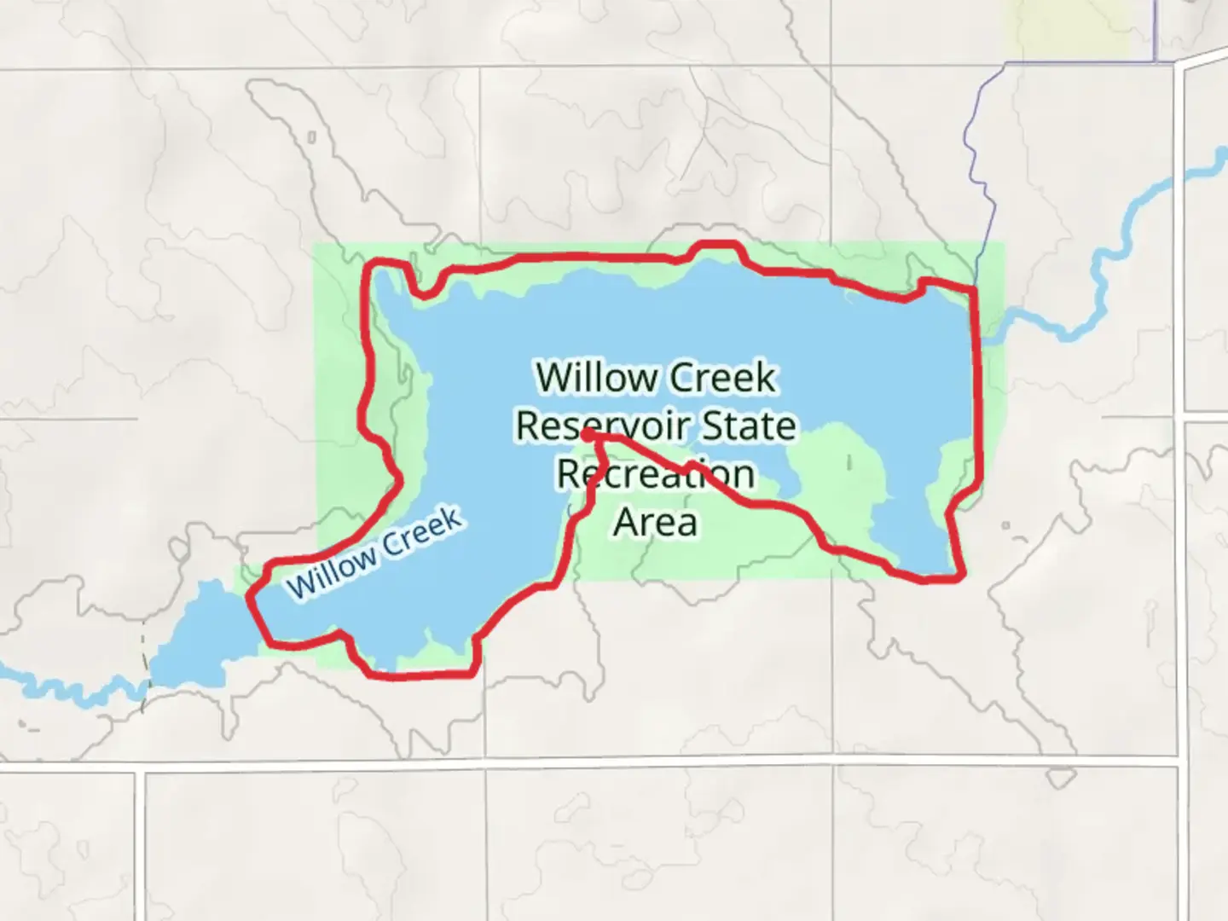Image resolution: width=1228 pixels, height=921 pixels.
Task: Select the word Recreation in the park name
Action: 656,474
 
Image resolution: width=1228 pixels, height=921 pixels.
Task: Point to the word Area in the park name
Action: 656,522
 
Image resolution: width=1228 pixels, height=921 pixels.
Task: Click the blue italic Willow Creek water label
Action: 375,553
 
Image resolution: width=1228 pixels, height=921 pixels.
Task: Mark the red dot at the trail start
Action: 588,435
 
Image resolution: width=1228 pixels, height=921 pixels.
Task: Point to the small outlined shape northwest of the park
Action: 311,136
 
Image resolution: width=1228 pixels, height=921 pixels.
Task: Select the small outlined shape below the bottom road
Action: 1059,778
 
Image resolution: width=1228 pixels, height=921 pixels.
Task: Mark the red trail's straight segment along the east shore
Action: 976,384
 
